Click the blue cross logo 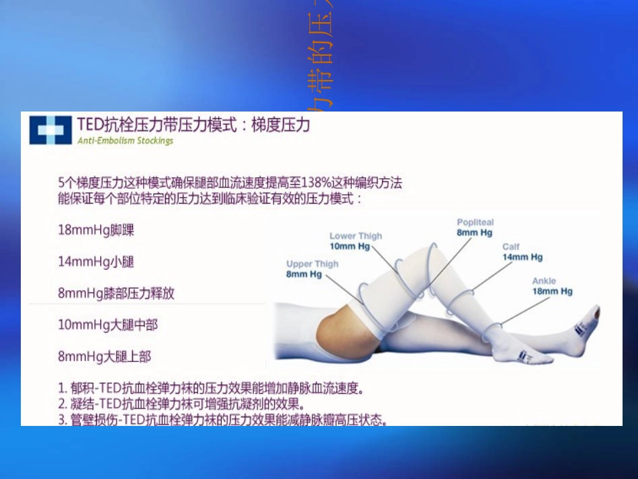pos(50,130)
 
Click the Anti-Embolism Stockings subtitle pos(125,141)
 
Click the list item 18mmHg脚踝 pos(96,230)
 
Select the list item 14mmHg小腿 pos(96,261)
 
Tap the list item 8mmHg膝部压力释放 pos(116,294)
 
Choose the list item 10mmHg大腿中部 pos(107,325)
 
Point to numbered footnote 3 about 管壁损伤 pos(222,421)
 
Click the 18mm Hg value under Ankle pos(552,292)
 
